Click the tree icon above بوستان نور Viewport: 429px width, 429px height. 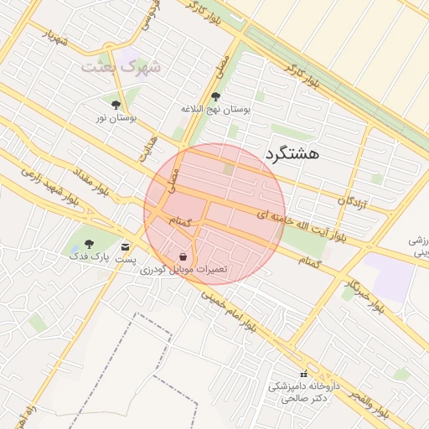pyautogui.click(x=116, y=105)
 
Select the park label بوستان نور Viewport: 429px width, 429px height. pyautogui.click(x=116, y=118)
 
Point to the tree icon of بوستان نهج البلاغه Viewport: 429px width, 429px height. pyautogui.click(x=216, y=96)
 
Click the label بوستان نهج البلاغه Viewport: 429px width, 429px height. pyautogui.click(x=216, y=109)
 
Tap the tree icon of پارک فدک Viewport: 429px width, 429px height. pyautogui.click(x=90, y=244)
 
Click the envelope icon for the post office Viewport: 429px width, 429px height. pyautogui.click(x=126, y=247)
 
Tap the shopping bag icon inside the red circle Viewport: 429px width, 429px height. pyautogui.click(x=183, y=256)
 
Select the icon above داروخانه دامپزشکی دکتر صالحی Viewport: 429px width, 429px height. pyautogui.click(x=303, y=374)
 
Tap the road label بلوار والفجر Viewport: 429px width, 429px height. pyautogui.click(x=366, y=404)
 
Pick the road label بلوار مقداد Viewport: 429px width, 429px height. pyautogui.click(x=86, y=178)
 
